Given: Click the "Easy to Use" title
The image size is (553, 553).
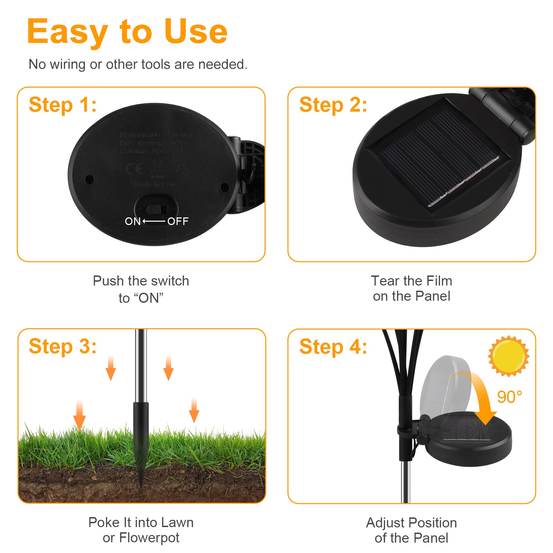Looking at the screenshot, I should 127,32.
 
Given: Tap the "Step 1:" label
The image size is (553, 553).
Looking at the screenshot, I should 63,105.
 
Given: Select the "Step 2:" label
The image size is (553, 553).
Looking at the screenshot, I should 333,105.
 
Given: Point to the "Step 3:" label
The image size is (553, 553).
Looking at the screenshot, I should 63,346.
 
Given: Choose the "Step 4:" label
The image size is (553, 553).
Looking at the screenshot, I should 333,347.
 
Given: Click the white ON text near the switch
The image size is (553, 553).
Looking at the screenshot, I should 133,221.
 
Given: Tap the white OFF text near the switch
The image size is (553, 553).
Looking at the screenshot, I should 178,221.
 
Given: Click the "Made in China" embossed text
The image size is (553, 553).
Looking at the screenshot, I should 157,184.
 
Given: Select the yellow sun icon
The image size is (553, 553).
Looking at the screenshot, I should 508,356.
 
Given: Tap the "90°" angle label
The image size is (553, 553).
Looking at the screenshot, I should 509,397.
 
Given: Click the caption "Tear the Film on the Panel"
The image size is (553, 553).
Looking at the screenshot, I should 411,288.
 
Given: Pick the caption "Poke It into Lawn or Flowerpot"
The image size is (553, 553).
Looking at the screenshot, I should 141,530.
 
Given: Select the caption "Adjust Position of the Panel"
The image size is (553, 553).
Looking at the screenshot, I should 411,530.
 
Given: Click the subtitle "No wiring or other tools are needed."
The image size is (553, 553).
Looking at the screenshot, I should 138,64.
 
